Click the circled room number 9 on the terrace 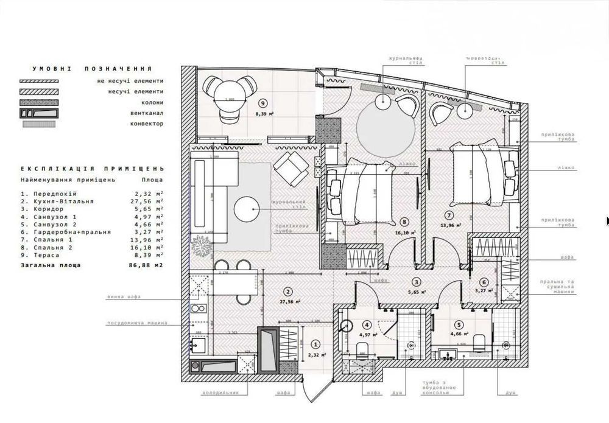[x=263, y=103]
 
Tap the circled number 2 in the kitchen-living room [x=288, y=291]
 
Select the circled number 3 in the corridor [x=416, y=282]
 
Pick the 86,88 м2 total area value [x=149, y=265]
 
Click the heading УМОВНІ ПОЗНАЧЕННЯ [x=92, y=69]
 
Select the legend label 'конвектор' [x=147, y=124]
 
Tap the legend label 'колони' [x=152, y=102]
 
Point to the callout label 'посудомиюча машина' [x=128, y=323]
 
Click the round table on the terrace [x=230, y=91]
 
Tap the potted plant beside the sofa [x=200, y=245]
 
